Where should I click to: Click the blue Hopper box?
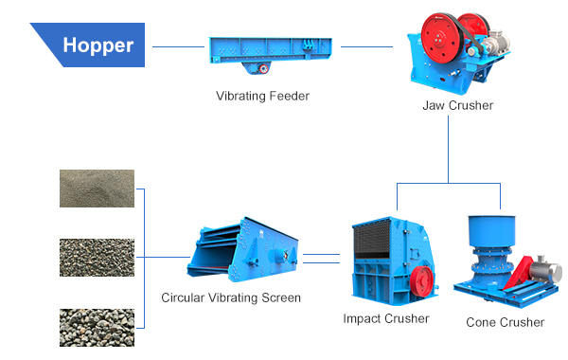coord(95,45)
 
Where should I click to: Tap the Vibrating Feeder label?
coord(262,96)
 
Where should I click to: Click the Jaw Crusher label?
coord(457,105)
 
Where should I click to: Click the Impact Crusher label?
coord(385,318)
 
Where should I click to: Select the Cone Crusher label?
coord(505,322)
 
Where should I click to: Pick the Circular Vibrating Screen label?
coord(231,297)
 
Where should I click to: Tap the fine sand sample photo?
coord(97,189)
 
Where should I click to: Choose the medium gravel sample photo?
coord(97,258)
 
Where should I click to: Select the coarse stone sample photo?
coord(97,326)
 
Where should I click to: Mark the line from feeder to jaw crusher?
coord(366,45)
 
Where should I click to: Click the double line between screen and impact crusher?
coord(321,256)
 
